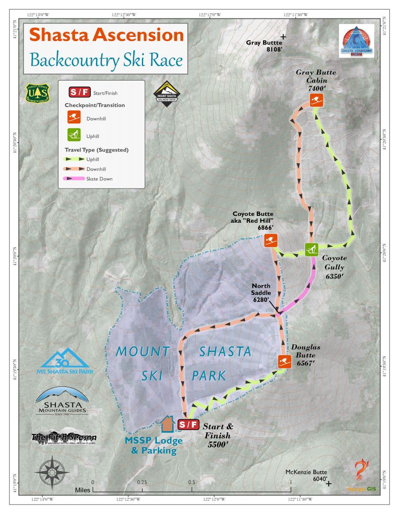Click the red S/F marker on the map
[x=188, y=425]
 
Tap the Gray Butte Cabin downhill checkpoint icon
[x=316, y=101]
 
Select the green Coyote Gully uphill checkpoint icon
[x=311, y=249]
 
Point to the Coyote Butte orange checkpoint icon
[x=270, y=240]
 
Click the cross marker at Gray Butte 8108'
[x=283, y=37]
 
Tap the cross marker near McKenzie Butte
[x=329, y=484]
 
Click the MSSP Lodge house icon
[x=167, y=425]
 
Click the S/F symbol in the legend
[x=79, y=93]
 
